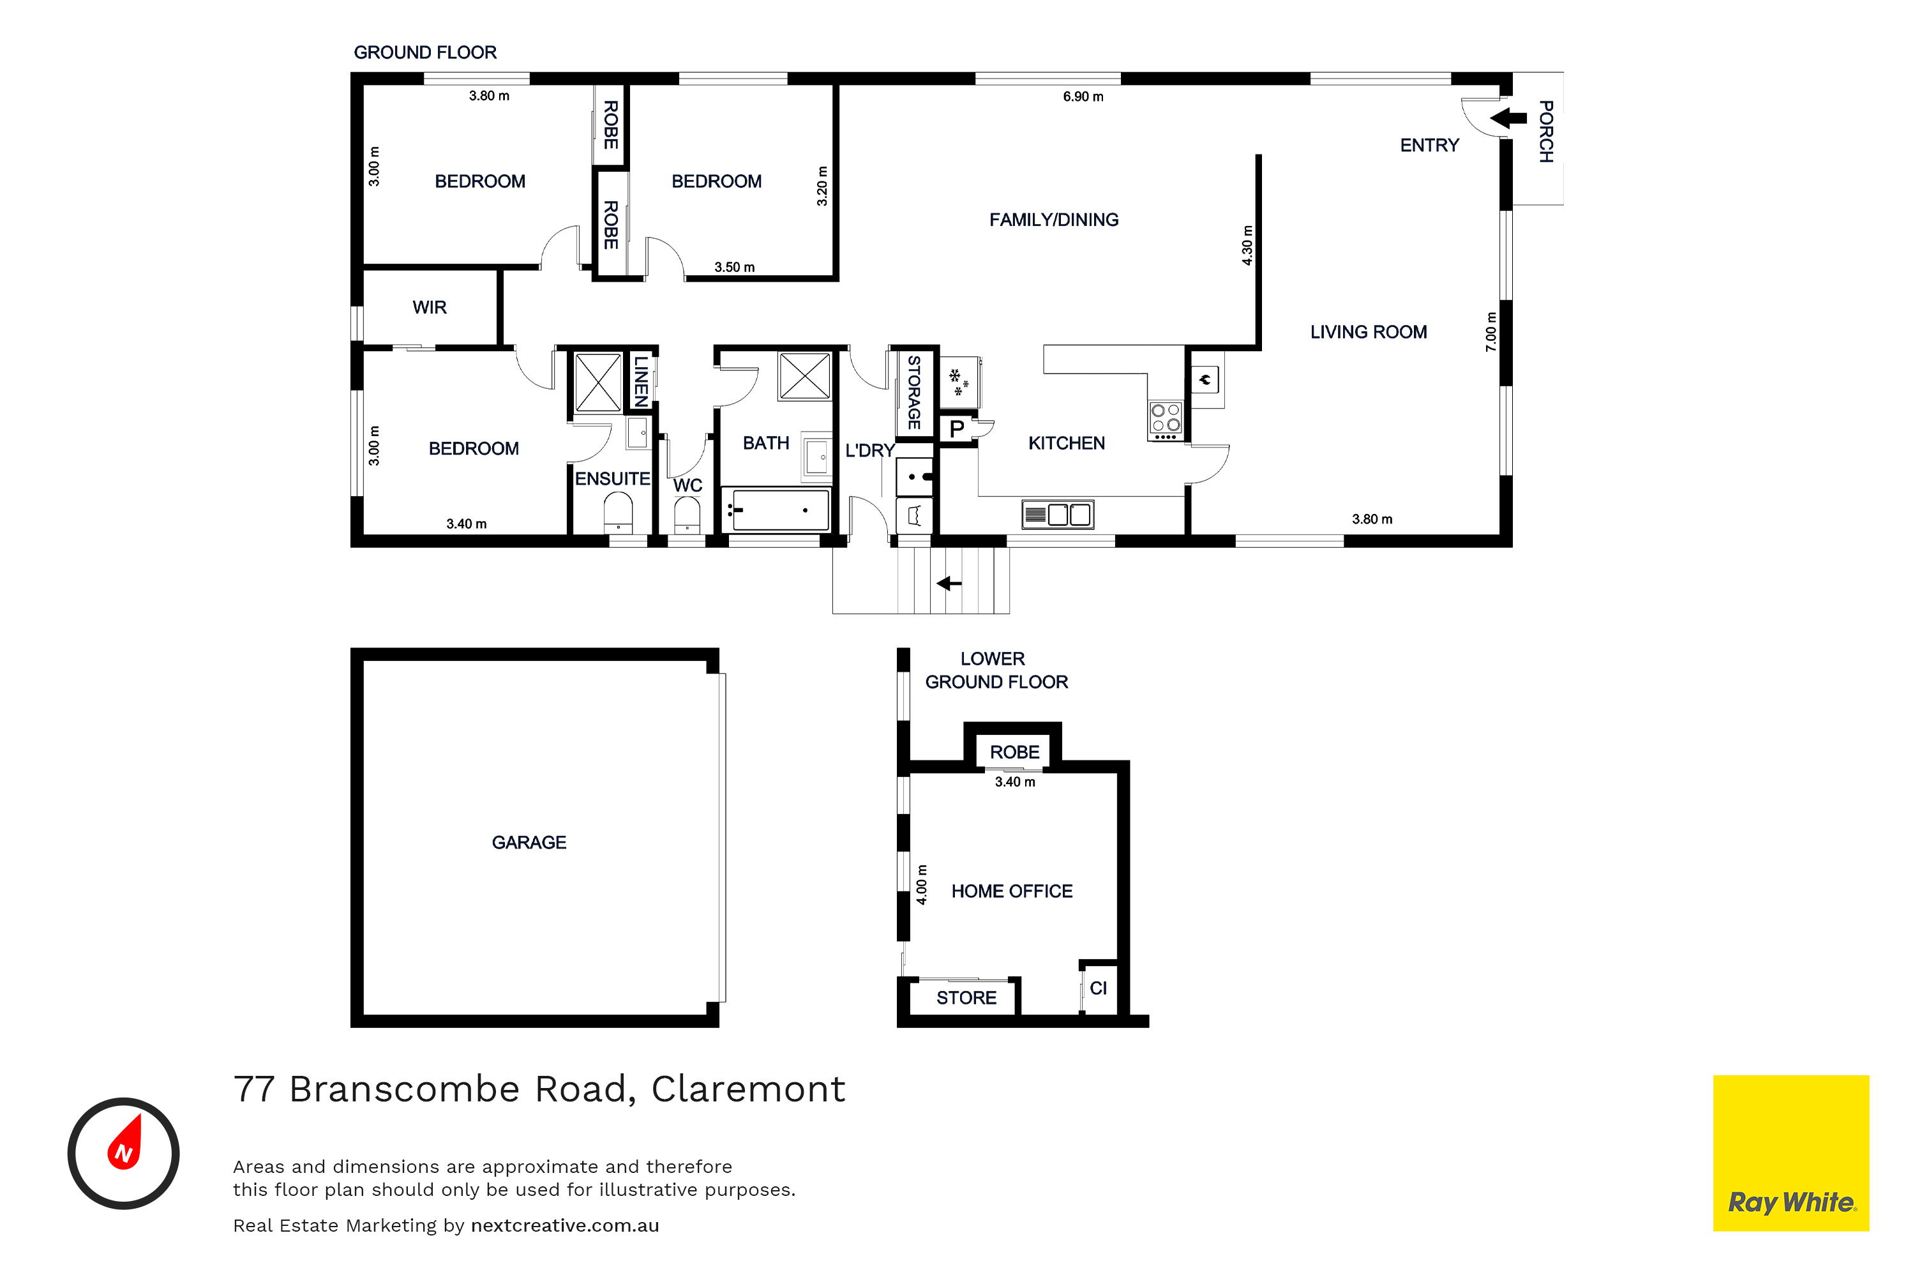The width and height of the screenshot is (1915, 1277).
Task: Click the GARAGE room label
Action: [529, 842]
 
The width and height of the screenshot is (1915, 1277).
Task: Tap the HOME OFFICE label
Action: [1012, 891]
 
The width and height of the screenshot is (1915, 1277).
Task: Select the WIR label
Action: [429, 307]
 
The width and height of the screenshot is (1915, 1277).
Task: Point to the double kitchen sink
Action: [1058, 514]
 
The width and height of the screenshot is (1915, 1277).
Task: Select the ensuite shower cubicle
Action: [599, 382]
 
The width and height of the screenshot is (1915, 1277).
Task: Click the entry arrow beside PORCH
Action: [1509, 118]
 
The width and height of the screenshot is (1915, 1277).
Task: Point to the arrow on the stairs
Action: [949, 583]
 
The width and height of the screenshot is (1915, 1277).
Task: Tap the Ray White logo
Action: [1791, 1153]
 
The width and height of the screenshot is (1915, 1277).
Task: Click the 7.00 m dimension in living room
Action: [1491, 332]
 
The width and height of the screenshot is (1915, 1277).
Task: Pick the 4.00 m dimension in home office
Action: [922, 885]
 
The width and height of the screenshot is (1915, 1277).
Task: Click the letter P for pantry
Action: [957, 429]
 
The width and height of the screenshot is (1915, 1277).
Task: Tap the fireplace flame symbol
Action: [1205, 379]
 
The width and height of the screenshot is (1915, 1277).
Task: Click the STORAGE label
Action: [913, 393]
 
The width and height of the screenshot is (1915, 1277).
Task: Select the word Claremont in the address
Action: [748, 1089]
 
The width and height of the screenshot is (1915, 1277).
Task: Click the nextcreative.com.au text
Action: [565, 1226]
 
